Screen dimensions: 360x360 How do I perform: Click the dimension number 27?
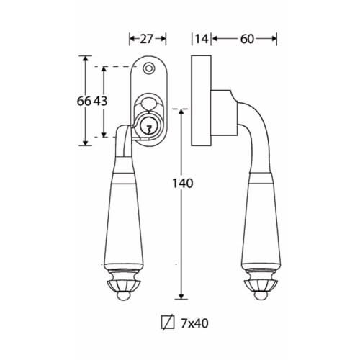[146, 39]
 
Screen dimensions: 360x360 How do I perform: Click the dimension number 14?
[202, 39]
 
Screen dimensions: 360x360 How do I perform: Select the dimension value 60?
[247, 39]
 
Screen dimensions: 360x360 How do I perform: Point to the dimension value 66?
[84, 101]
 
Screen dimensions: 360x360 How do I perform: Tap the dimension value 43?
[100, 101]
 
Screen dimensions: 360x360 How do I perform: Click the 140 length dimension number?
[183, 184]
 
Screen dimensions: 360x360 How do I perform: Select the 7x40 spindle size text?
[194, 323]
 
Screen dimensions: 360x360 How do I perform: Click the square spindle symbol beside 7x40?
[168, 323]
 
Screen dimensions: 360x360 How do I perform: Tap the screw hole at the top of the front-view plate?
[148, 68]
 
